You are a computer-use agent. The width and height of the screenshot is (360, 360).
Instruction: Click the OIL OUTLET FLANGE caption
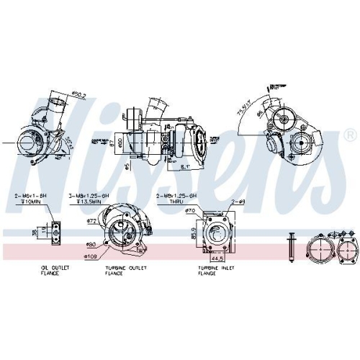click(x=55, y=270)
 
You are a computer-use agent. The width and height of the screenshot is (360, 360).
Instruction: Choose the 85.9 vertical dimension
click(x=193, y=232)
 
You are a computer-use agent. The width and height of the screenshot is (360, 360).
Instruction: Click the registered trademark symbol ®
click(x=349, y=135)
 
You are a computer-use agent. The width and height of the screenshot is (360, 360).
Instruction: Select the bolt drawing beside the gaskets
click(x=292, y=246)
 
